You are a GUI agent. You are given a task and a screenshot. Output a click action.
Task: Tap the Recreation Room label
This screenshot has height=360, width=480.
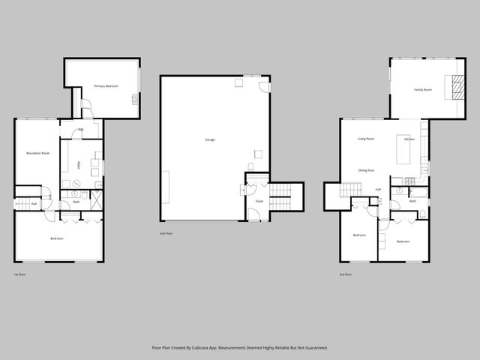pos(37,153)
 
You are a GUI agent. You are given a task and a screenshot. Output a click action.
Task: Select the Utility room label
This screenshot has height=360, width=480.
pos(79,164)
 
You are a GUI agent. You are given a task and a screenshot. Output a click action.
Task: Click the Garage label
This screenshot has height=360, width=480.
pos(210,139)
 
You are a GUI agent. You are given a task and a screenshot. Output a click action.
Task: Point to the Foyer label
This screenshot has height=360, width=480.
pos(259,202)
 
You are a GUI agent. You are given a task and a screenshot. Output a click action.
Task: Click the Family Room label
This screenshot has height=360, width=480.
pos(423,90)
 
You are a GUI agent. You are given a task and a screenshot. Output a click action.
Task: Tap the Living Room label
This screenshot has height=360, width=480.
pos(366,139)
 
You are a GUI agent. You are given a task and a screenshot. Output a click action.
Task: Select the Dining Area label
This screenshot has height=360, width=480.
pos(366,170)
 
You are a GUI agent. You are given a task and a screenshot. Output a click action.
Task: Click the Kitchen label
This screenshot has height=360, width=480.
pos(409,139)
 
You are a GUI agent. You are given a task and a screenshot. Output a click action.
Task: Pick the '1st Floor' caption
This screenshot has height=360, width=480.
pos(20,274)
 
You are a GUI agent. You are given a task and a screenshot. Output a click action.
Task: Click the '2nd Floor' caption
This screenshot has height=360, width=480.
pos(166,234)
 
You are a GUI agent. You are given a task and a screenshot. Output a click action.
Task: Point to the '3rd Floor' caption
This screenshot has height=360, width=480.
pos(346,274)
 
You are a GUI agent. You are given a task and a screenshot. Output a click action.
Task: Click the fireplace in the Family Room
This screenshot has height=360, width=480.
pos(454,88)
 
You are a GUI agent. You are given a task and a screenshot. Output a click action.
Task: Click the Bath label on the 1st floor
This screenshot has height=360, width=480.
pos(76,201)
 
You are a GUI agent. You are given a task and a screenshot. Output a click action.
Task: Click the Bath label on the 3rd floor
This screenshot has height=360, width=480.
pos(413,201)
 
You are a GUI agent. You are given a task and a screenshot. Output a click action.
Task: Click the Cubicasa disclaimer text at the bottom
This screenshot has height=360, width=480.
pos(240,348)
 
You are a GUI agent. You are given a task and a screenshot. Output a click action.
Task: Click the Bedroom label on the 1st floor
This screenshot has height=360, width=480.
pos(57,238)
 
